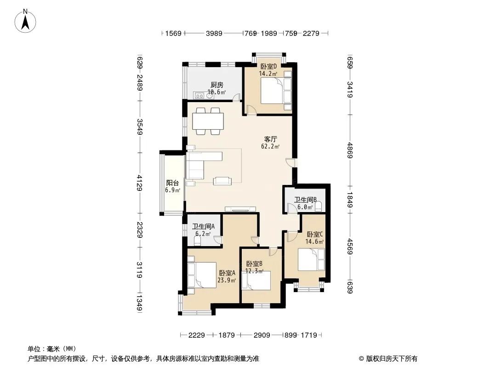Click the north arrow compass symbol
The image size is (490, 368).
(x=25, y=21)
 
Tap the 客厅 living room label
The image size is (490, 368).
(x=270, y=139)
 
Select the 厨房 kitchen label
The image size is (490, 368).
(x=217, y=85)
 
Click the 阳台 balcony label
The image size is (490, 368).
(x=172, y=183)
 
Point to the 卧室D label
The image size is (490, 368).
(x=268, y=67)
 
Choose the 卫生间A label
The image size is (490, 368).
(x=203, y=226)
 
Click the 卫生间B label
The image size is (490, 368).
(x=305, y=200)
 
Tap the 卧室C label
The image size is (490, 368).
(x=314, y=234)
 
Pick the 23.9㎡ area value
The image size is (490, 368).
(x=227, y=280)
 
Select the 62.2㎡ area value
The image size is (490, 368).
(x=270, y=146)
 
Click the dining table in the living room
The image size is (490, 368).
(x=208, y=121)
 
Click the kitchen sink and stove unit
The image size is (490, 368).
(x=204, y=95)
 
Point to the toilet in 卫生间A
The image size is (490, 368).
(x=197, y=241)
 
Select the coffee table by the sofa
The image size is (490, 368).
(x=222, y=181)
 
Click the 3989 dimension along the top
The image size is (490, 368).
(x=214, y=33)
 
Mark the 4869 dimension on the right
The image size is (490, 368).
(x=350, y=150)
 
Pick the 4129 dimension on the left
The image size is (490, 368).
(x=139, y=183)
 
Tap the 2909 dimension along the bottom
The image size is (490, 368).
(x=262, y=335)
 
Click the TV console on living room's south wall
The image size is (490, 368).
(x=240, y=208)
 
